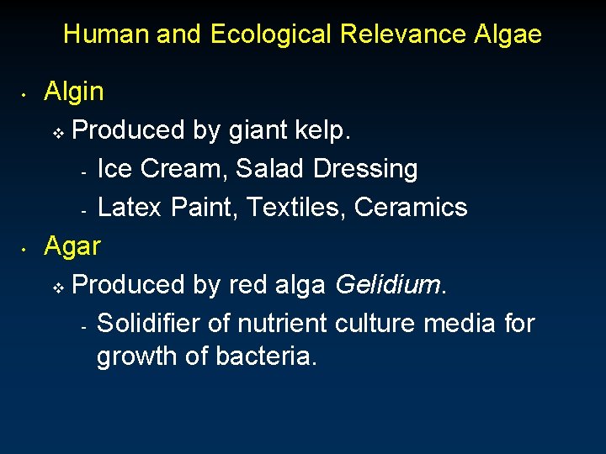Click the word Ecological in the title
(270, 34)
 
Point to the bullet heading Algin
(74, 92)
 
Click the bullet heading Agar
(72, 246)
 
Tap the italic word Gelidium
(386, 285)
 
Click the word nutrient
(282, 323)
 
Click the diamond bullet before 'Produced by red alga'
(59, 288)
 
